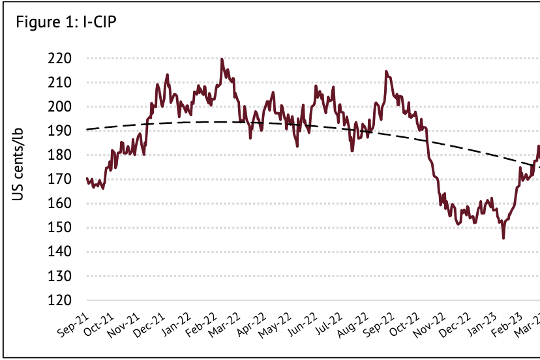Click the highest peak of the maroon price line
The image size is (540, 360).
[x=222, y=59]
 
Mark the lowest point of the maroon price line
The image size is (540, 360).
[x=503, y=238]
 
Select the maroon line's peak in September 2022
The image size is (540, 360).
[x=386, y=71]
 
